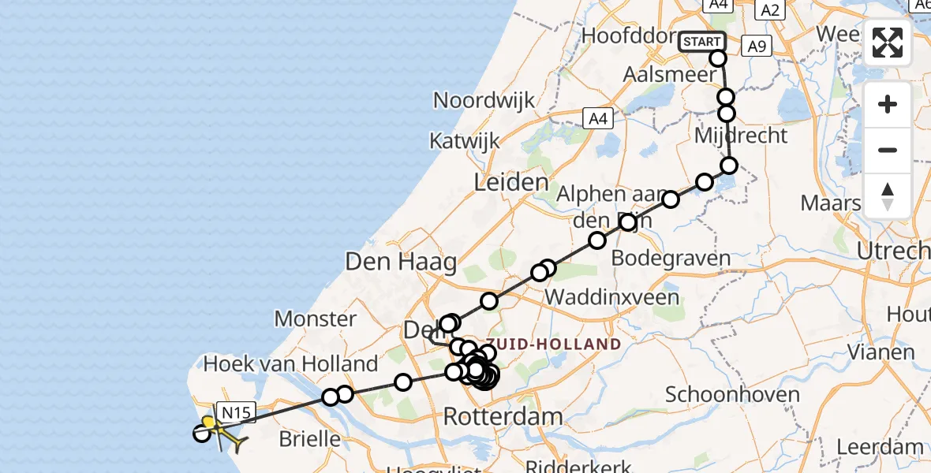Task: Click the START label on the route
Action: [701, 42]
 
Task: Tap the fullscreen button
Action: [888, 43]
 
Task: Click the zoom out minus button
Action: [888, 150]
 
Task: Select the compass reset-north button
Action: [888, 196]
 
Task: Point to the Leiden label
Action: [510, 183]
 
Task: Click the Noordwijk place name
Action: [484, 101]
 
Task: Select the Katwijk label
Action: [465, 141]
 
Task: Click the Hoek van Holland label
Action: [291, 364]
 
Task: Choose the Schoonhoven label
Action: [732, 394]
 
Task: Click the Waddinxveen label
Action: [612, 297]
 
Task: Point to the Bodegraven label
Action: [671, 258]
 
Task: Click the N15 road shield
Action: [236, 412]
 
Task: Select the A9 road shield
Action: [756, 47]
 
